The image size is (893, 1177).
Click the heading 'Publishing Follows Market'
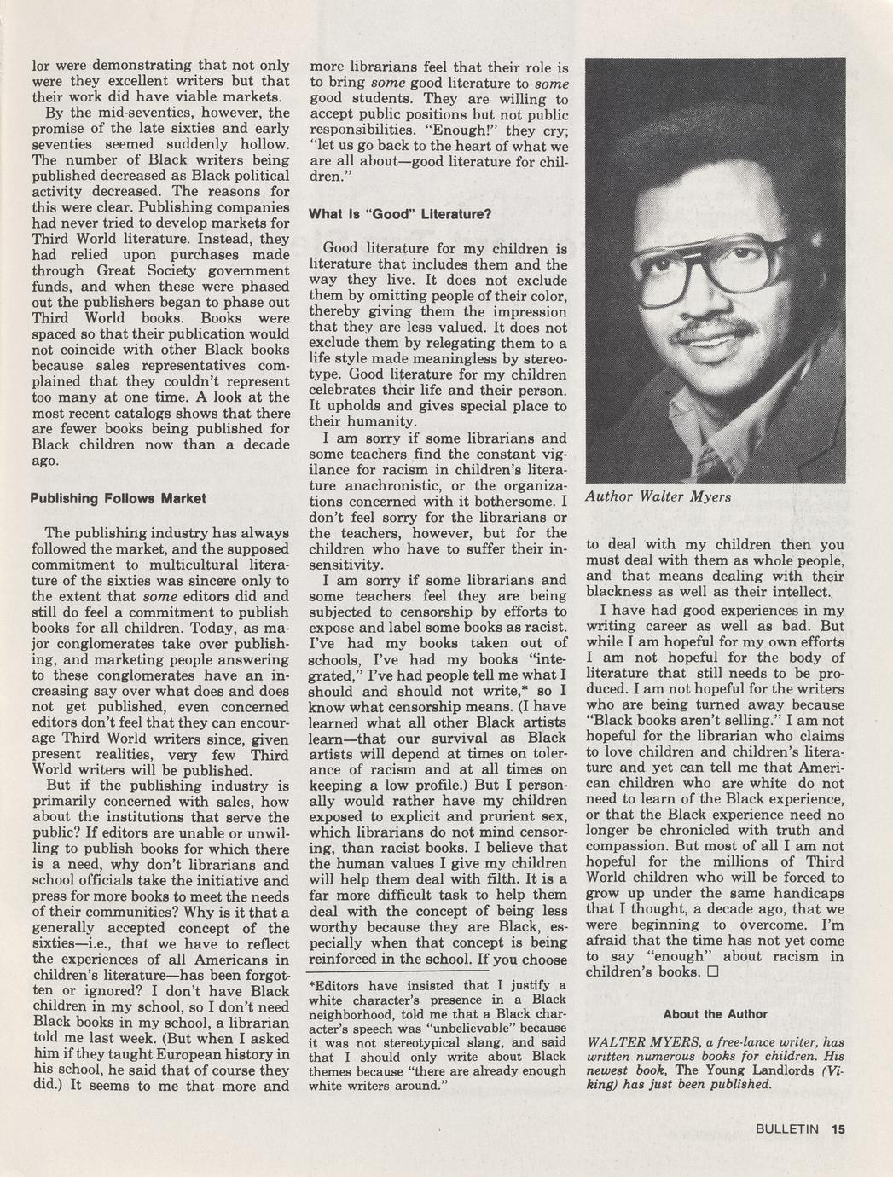118,498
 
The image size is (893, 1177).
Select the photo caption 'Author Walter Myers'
658,496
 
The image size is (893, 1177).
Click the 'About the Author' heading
715,1014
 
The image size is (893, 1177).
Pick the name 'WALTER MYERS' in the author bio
641,1041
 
